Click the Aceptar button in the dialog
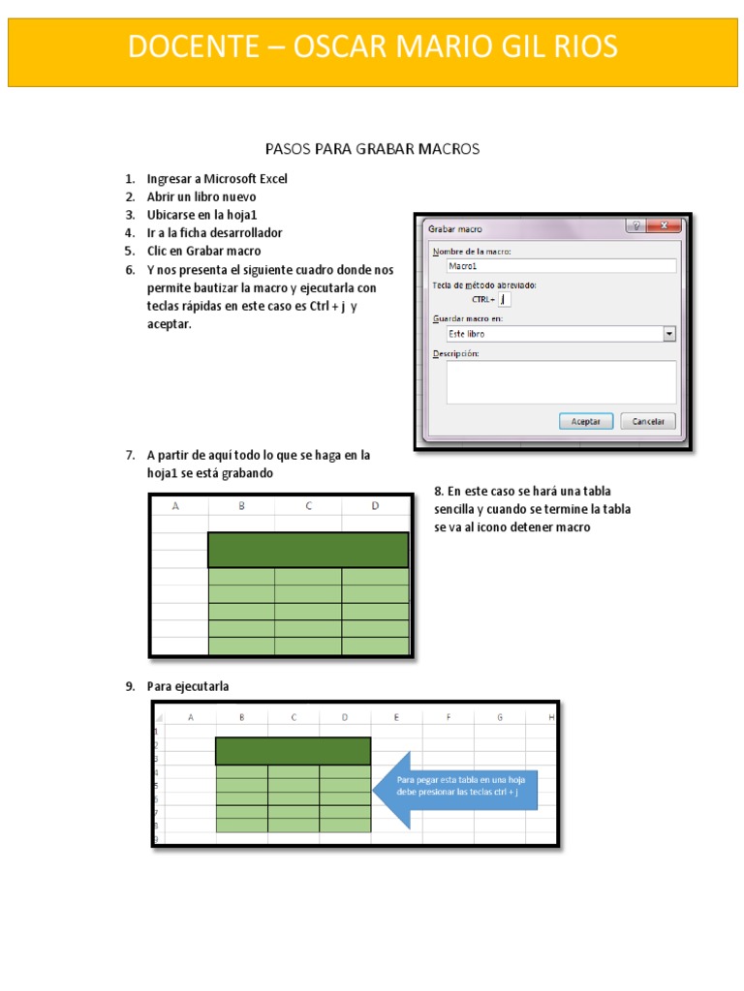point(586,421)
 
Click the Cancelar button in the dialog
point(648,421)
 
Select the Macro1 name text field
point(560,265)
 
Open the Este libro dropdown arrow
point(668,334)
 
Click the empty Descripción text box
point(560,381)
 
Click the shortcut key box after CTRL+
point(505,299)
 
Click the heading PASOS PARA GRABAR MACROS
point(373,149)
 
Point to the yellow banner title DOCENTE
point(373,45)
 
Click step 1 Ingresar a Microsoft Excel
point(217,179)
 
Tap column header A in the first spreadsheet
point(177,505)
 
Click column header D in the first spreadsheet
point(375,505)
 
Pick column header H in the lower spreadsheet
point(550,717)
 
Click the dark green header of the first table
point(308,550)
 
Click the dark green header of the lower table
point(293,751)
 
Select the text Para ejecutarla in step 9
point(188,687)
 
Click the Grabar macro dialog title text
point(455,229)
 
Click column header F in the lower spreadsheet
point(449,717)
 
